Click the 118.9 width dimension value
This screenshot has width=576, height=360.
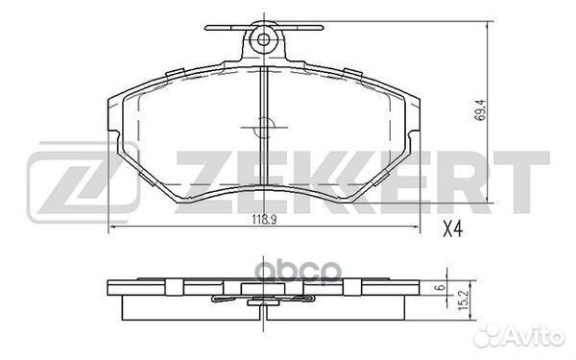264,219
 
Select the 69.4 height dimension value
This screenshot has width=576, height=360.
480,110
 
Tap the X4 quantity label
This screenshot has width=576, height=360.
452,230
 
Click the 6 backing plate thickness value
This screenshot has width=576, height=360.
442,287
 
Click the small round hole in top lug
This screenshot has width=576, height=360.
263,39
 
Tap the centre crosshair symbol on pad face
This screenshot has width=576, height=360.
264,128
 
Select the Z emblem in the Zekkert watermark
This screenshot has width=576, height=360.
84,182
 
